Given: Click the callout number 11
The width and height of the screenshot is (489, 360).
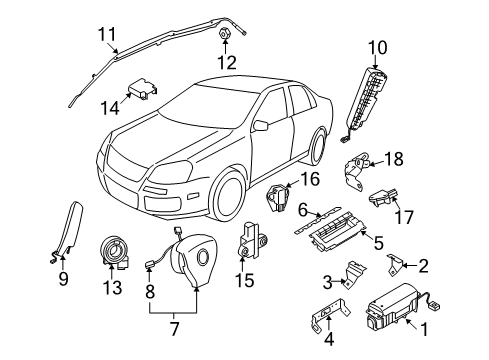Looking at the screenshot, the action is [x=107, y=35].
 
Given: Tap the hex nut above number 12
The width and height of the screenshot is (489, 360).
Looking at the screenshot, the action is [x=225, y=33].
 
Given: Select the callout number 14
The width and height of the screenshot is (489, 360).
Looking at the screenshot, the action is [x=110, y=108].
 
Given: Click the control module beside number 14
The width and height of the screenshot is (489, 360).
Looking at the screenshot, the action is [x=143, y=88].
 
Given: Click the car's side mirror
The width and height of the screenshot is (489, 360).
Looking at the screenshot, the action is [x=261, y=126].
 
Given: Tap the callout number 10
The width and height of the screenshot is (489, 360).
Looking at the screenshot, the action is [x=378, y=48].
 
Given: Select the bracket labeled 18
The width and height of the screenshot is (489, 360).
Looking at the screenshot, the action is [x=355, y=169].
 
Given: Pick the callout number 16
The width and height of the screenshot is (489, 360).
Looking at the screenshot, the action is [x=310, y=179].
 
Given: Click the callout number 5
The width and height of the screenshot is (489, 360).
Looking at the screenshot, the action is [x=379, y=243].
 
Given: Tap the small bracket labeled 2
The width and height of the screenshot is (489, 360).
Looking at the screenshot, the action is [x=394, y=264].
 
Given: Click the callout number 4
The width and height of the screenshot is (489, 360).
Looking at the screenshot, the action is [x=329, y=339].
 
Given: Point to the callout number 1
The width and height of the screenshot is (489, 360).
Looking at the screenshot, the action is [x=424, y=330].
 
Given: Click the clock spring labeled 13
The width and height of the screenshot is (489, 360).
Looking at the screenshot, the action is [x=115, y=252].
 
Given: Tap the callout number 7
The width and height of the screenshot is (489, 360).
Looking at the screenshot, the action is [x=174, y=329].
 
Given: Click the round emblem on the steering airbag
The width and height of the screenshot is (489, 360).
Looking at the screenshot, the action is [x=202, y=256].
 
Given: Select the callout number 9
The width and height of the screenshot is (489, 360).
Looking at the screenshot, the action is [x=63, y=278].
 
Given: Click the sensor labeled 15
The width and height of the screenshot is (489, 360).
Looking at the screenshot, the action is [x=252, y=240].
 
